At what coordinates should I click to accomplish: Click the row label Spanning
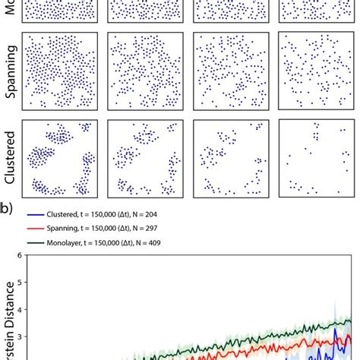[x=10, y=72]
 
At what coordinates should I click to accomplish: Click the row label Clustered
[x=10, y=159]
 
